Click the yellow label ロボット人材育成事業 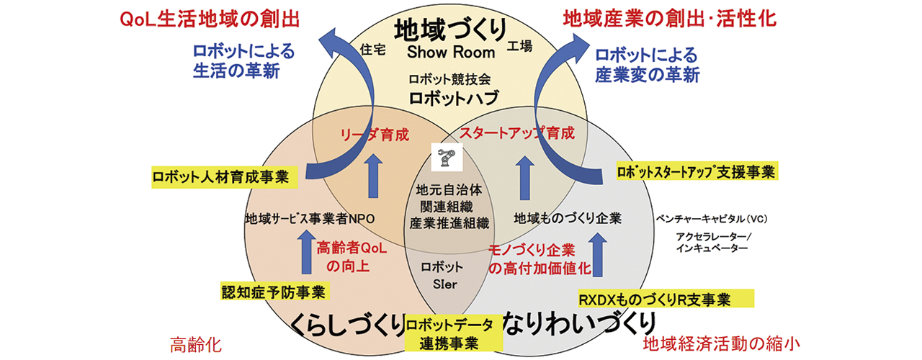coord(220,176)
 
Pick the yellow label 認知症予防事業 coord(273,292)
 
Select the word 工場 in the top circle coord(519,46)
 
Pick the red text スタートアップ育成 coord(517,133)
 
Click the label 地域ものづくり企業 coord(568,217)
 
